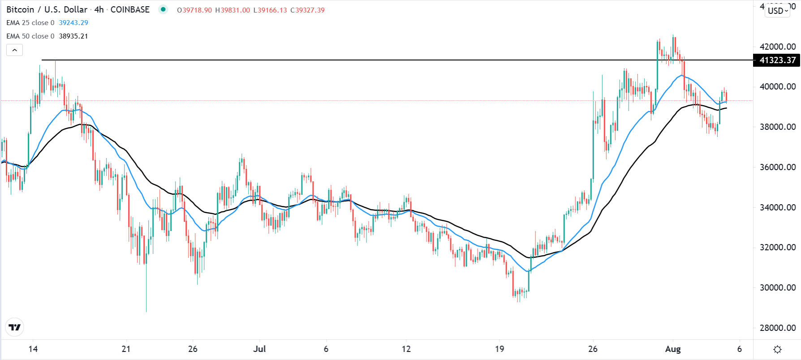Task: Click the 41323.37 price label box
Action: coord(777,60)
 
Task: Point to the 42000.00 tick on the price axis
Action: coord(778,47)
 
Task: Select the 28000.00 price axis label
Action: coord(778,328)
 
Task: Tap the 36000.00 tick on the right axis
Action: coord(778,167)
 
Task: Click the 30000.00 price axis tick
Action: coord(778,287)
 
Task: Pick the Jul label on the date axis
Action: coord(259,349)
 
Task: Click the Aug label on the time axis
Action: coord(673,349)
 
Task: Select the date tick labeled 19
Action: coord(500,349)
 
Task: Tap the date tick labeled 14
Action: coord(33,349)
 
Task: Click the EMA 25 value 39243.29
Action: coord(73,23)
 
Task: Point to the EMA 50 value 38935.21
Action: coord(73,36)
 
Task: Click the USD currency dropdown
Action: coord(778,11)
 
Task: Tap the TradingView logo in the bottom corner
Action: coord(15,327)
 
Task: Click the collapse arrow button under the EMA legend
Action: coord(15,50)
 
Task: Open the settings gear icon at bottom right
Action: coord(777,349)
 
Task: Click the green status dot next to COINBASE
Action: coord(163,9)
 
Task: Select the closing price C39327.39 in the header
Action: coord(307,10)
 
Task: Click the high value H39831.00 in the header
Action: coord(233,10)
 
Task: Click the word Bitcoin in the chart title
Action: coord(20,10)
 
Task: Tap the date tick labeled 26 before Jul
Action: coord(193,349)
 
